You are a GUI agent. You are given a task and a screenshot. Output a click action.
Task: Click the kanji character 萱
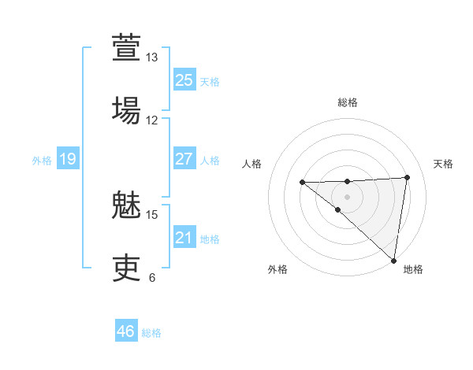127,48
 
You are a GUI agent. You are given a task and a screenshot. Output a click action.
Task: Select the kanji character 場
127,109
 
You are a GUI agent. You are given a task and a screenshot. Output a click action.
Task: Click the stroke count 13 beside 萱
152,57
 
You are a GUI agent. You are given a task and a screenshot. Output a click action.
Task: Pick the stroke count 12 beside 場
152,120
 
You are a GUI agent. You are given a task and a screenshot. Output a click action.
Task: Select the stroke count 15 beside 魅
152,214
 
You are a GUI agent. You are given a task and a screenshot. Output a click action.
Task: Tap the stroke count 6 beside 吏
152,277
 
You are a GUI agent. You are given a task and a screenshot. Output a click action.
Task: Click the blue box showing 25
184,80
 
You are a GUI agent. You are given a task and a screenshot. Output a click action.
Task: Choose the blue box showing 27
184,159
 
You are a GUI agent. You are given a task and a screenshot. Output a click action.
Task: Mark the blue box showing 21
184,238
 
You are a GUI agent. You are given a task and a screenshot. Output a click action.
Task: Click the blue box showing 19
67,160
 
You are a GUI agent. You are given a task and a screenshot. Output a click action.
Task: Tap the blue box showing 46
125,331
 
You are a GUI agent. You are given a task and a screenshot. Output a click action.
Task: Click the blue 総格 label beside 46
151,333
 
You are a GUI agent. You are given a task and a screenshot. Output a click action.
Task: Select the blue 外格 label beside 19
42,161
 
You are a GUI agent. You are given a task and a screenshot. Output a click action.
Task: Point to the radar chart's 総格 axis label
348,102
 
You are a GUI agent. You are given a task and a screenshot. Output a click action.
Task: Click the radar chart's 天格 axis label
444,164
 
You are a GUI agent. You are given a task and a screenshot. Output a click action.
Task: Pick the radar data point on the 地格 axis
393,260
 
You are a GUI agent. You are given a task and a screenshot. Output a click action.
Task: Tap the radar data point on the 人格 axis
302,183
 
